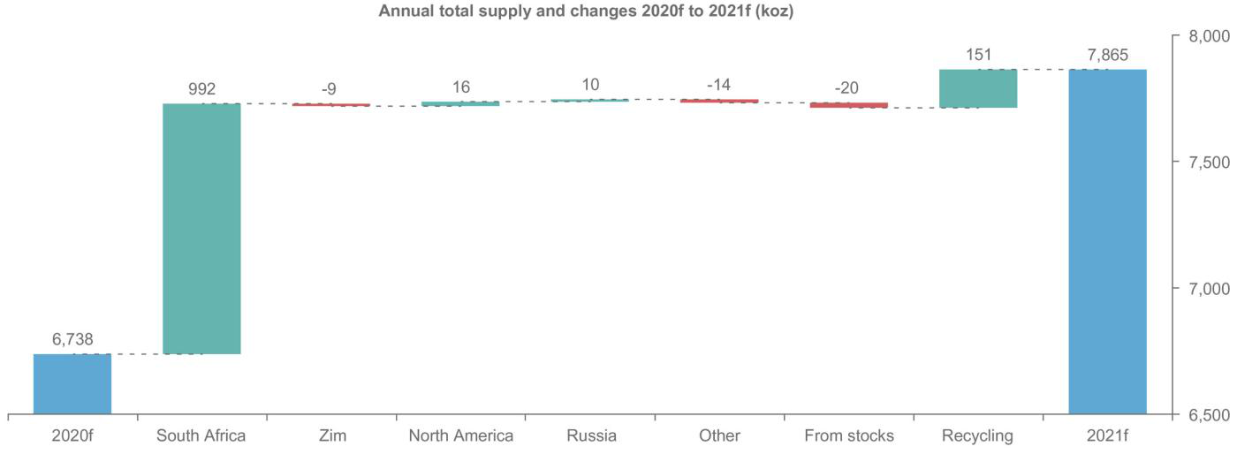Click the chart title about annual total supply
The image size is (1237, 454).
(x=586, y=12)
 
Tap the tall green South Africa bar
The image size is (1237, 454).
(x=201, y=229)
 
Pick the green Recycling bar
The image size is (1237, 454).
(x=978, y=88)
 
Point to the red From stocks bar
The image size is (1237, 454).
(x=849, y=105)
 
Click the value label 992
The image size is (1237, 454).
(x=201, y=89)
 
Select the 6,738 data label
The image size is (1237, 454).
(x=72, y=339)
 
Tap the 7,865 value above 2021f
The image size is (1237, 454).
(x=1108, y=55)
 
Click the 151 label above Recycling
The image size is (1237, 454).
(x=978, y=55)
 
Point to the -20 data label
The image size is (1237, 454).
(x=849, y=88)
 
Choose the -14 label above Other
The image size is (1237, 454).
(x=719, y=86)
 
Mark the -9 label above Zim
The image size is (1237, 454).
(x=331, y=89)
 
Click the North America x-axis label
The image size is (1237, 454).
(x=460, y=435)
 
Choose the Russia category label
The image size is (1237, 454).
(x=590, y=435)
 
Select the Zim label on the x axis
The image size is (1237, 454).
(x=331, y=435)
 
